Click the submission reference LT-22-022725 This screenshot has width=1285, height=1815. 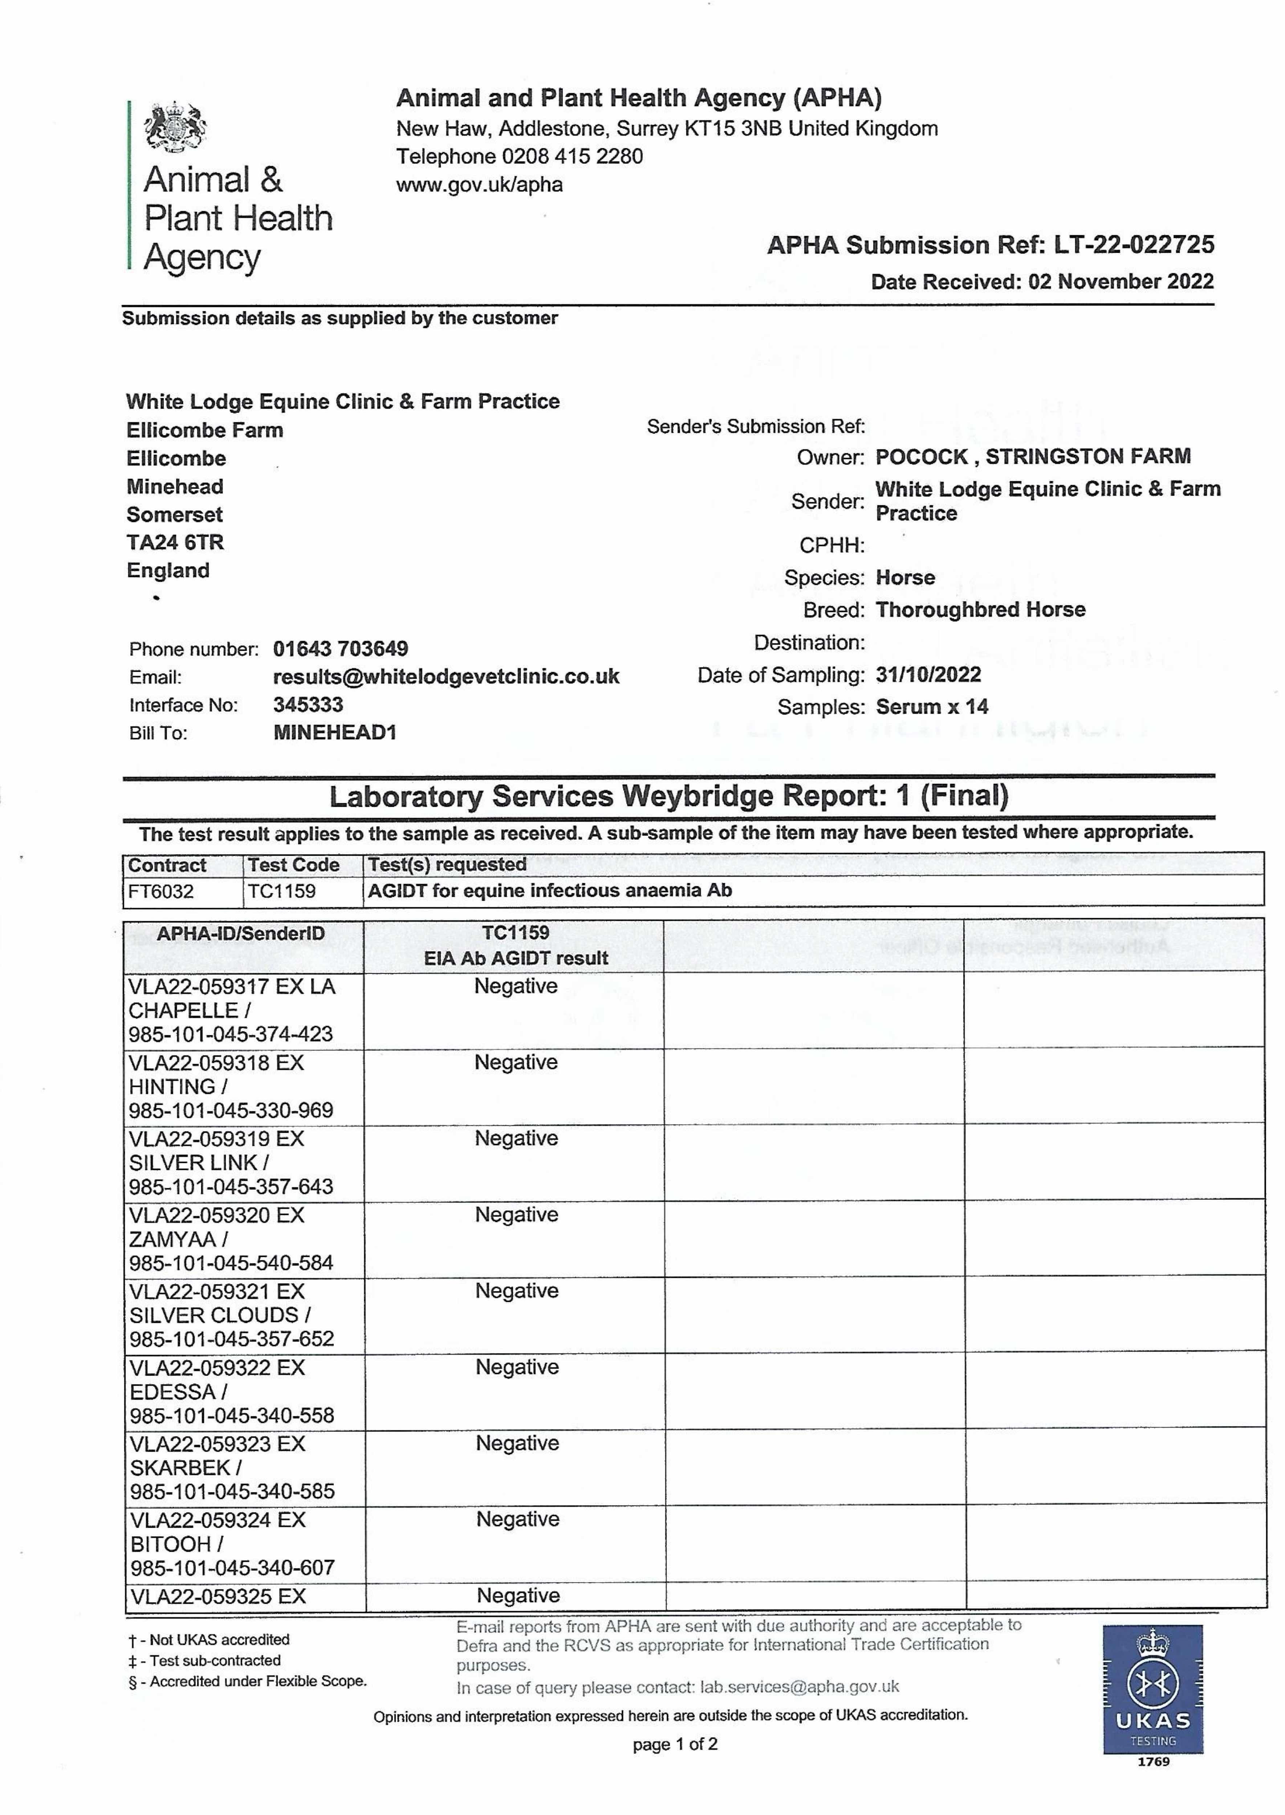(x=1134, y=245)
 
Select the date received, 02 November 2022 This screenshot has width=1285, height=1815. (x=1121, y=282)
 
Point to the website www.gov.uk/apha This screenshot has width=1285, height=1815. (x=480, y=185)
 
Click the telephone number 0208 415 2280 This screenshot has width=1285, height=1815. (x=572, y=156)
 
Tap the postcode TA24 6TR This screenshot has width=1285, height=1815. (x=175, y=543)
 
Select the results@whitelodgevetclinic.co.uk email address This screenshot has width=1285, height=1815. (x=446, y=677)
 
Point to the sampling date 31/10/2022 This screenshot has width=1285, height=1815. (x=928, y=674)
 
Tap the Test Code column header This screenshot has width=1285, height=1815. (x=293, y=865)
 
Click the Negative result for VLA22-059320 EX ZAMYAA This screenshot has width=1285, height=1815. (x=517, y=1215)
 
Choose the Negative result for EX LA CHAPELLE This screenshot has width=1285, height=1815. (x=516, y=986)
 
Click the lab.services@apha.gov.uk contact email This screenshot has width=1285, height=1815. (x=799, y=1687)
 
